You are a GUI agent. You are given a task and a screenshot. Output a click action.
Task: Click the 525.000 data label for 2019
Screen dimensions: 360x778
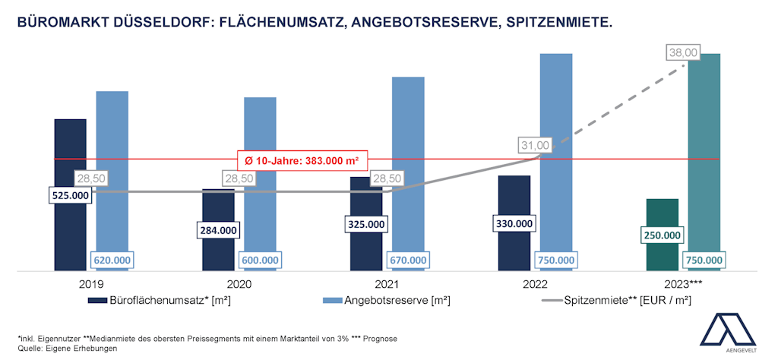tap(70, 195)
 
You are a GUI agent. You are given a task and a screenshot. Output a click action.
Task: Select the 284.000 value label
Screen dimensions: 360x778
tap(218, 229)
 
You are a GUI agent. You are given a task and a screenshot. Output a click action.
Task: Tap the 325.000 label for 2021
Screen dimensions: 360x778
tap(366, 224)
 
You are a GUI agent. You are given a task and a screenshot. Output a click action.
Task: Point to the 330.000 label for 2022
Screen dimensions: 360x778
tap(514, 224)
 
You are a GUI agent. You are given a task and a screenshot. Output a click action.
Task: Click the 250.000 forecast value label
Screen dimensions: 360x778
tap(662, 235)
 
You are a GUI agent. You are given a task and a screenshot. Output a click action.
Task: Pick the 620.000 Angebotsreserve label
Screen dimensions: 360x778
tap(112, 260)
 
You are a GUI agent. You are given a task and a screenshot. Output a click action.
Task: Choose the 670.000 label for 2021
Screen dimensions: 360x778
tap(408, 260)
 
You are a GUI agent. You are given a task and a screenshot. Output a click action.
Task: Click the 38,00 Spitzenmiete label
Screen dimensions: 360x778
tap(682, 52)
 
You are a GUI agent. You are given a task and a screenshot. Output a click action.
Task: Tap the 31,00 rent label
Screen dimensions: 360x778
tap(534, 145)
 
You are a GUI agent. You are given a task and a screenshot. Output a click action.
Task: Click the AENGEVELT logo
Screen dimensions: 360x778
tap(727, 331)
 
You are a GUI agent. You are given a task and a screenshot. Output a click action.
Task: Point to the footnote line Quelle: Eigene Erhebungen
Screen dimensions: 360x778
tap(68, 347)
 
